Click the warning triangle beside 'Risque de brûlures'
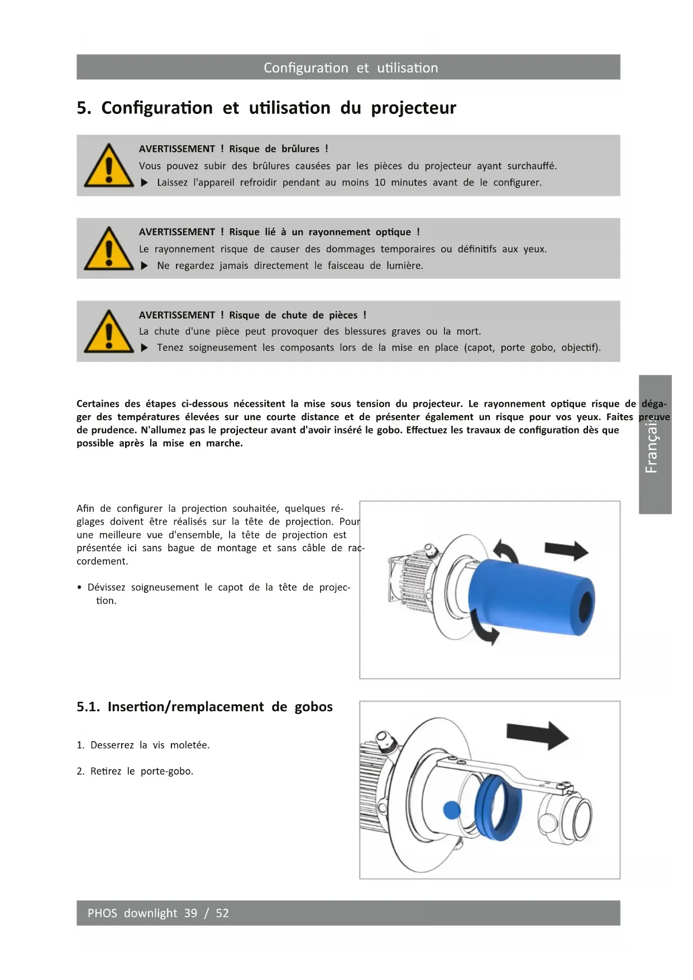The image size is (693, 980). [x=109, y=166]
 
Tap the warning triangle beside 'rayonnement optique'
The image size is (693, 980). [x=109, y=249]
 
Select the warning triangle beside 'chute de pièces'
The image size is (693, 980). [x=109, y=332]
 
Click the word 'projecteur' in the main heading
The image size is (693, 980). [x=413, y=108]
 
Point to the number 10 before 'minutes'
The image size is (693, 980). [x=380, y=183]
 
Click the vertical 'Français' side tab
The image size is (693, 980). [x=655, y=444]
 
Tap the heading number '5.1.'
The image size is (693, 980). [x=88, y=707]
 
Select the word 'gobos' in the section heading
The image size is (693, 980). [x=313, y=707]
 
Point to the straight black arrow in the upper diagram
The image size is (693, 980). [x=566, y=551]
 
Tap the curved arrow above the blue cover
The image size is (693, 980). [x=507, y=551]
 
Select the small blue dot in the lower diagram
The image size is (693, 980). [x=452, y=810]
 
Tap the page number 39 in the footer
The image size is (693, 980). [x=190, y=913]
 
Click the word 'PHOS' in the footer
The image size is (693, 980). [x=102, y=913]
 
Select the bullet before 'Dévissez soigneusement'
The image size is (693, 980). [x=80, y=588]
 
